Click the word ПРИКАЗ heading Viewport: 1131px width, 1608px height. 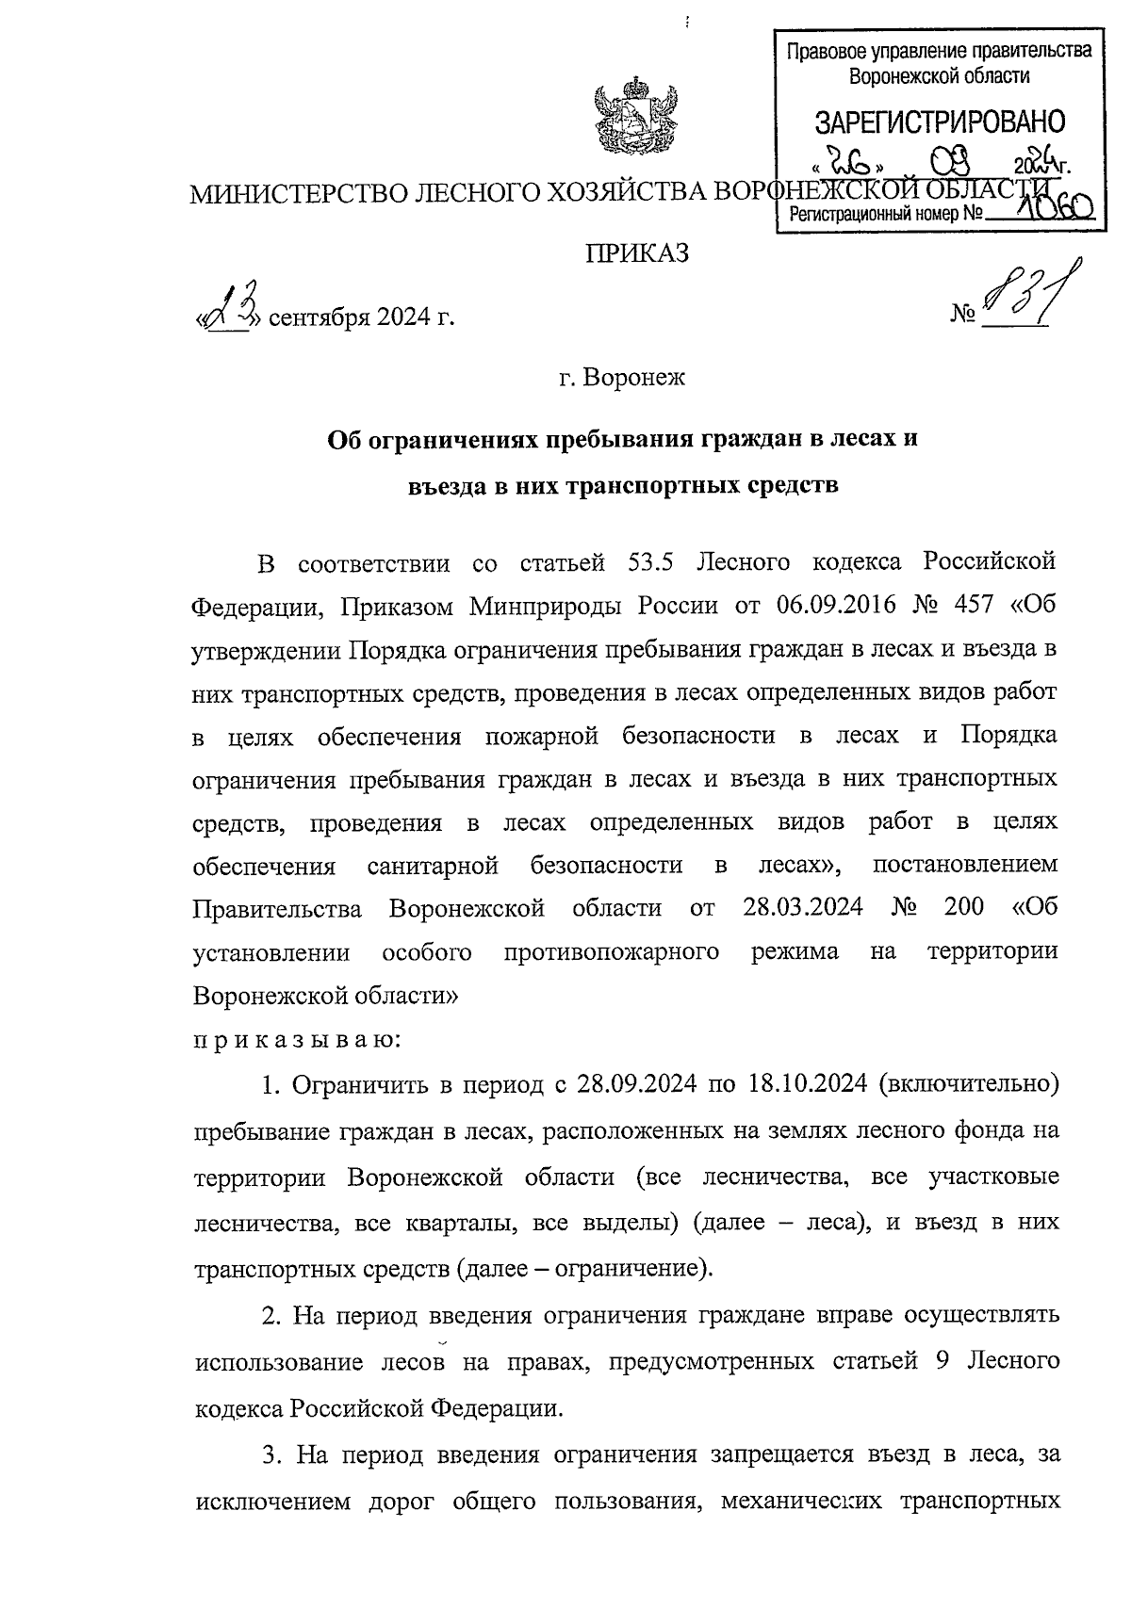[637, 253]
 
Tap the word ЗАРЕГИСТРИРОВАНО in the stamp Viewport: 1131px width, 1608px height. [940, 122]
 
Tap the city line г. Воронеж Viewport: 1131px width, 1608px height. [622, 379]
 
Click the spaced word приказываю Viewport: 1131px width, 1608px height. [298, 1040]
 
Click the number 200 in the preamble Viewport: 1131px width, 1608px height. [962, 906]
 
